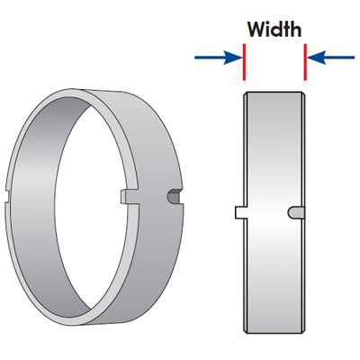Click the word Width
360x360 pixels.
pos(274,29)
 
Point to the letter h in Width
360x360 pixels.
pos(296,29)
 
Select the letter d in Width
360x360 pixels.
pos(278,30)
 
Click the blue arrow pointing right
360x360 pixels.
pos(218,58)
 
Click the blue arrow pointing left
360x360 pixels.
pos(331,58)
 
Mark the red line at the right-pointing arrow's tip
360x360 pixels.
pos(244,62)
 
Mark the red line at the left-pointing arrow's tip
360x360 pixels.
pos(305,62)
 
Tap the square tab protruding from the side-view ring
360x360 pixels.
pos(240,212)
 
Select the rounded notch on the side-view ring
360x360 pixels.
pos(296,212)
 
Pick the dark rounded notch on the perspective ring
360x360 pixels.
pos(174,197)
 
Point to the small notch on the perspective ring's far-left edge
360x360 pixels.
pos(7,197)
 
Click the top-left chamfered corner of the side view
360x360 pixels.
pos(244,94)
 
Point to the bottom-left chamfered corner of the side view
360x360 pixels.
pos(244,331)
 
